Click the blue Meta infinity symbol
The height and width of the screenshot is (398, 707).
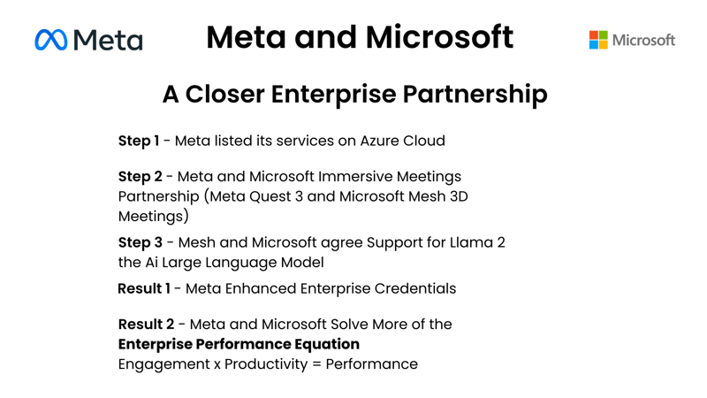(x=51, y=40)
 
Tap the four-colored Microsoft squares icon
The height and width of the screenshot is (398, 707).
(x=598, y=40)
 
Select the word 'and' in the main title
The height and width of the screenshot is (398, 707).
(x=326, y=37)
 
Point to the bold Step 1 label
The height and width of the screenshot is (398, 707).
(x=139, y=141)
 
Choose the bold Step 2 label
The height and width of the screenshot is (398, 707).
(x=140, y=177)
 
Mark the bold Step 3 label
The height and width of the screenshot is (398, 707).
(x=140, y=242)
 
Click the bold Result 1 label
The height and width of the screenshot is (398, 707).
(x=145, y=288)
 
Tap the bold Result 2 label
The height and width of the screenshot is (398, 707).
(x=146, y=325)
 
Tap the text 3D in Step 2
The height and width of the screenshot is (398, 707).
(x=457, y=196)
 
